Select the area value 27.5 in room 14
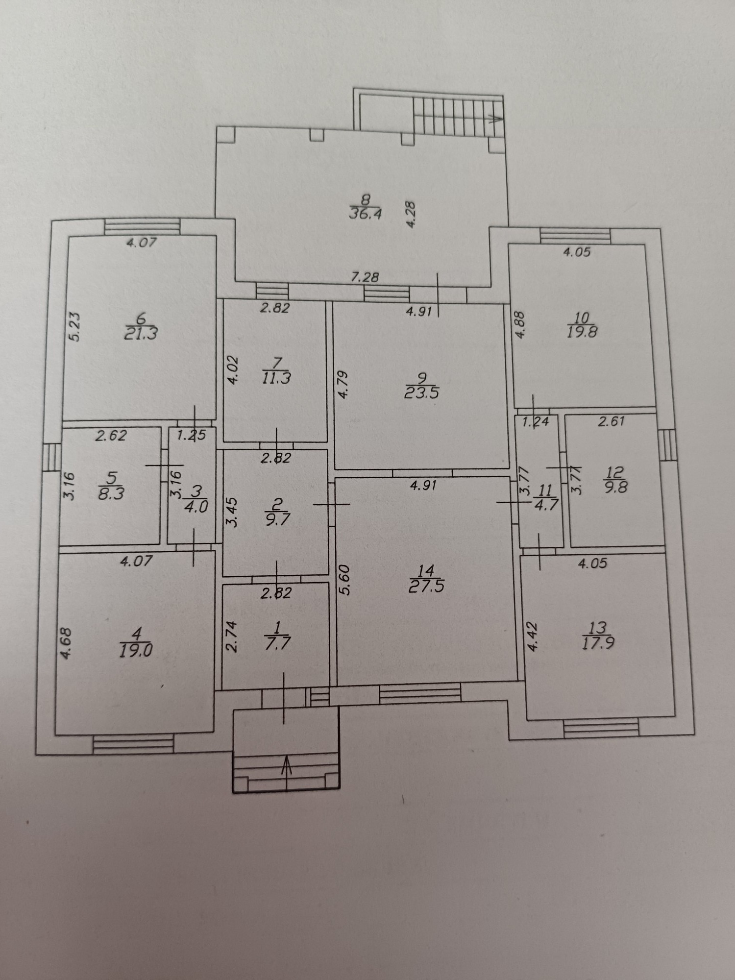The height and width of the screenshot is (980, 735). point(427,586)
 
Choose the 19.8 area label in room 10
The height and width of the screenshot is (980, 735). point(583,332)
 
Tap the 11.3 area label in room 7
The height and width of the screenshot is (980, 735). point(276,378)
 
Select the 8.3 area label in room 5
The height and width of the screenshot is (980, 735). point(110,492)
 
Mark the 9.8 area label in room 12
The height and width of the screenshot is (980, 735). point(616,488)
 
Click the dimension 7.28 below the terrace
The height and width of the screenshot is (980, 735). point(365,277)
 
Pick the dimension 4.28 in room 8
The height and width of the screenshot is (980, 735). point(411,213)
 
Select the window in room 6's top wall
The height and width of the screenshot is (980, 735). point(143,226)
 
